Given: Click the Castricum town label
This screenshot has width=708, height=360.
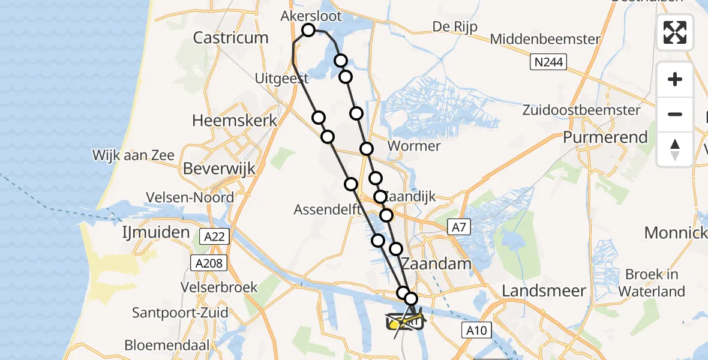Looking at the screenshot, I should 230,38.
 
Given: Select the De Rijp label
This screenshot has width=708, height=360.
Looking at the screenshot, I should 455,27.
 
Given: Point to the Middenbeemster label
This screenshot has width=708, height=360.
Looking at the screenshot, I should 545,39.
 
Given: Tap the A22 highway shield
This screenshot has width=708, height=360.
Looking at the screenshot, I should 214,237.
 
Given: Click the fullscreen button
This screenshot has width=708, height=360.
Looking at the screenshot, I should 675,32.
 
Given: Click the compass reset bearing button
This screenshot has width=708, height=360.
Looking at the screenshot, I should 675,149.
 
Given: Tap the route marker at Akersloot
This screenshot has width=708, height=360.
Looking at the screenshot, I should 308,30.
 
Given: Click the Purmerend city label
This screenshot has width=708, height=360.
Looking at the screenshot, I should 605,137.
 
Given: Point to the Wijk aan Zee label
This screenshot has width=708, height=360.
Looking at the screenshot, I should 133,156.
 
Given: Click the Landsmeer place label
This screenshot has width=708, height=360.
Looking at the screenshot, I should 544,291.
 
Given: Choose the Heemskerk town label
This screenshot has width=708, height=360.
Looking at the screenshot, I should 235,120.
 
